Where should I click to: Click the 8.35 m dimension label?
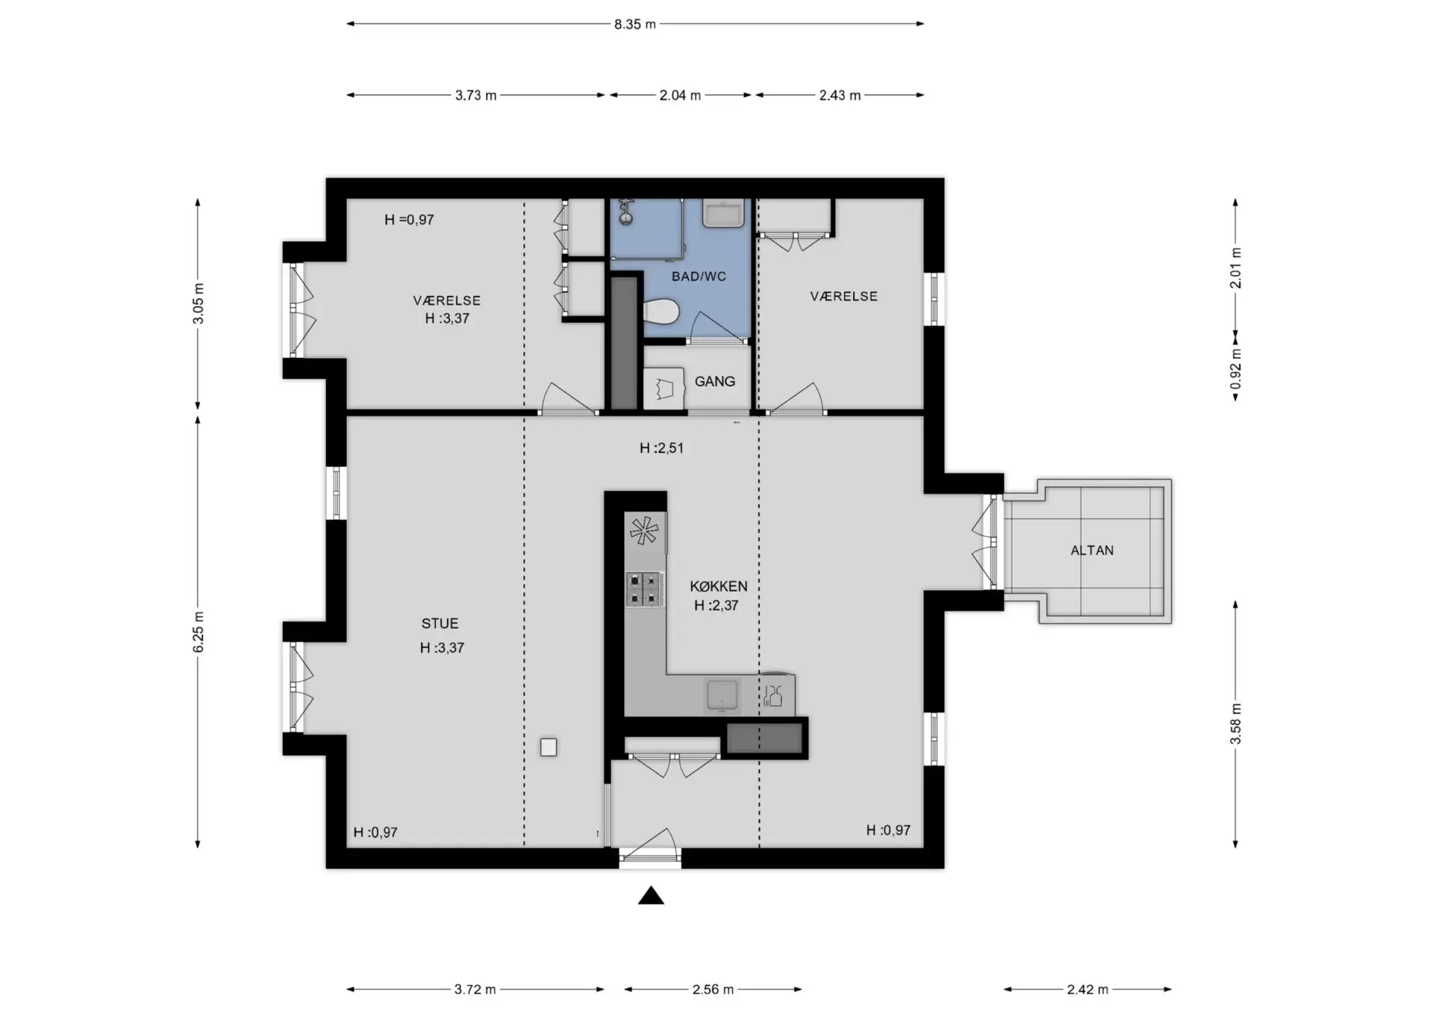635,24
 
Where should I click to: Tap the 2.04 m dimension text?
680,95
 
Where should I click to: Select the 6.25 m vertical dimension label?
199,632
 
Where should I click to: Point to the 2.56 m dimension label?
713,989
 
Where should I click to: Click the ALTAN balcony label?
1092,551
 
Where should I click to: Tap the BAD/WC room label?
699,277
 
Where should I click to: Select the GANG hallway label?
715,381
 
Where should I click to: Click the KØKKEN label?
719,586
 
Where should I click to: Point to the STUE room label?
440,624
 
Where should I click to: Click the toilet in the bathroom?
661,312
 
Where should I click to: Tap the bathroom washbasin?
723,213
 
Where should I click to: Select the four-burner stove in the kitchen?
644,589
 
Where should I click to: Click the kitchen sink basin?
722,695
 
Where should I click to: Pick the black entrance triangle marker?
651,895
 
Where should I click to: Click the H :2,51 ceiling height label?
661,448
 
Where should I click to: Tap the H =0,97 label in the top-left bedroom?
409,220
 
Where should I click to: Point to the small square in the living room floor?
549,747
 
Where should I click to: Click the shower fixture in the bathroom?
626,211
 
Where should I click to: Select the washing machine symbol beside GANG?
664,389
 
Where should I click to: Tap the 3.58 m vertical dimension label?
1236,724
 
